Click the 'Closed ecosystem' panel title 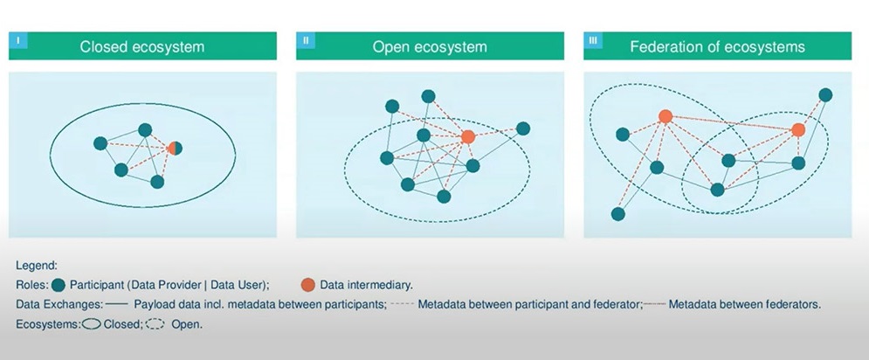tap(142, 46)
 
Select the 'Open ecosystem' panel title tap(430, 46)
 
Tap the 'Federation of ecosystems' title tap(717, 46)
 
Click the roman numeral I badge tap(19, 40)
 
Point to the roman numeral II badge tap(306, 40)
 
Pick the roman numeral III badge tap(594, 40)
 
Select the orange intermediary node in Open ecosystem tap(468, 136)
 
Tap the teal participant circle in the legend tap(59, 285)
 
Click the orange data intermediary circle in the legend tap(307, 285)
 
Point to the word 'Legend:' tap(37, 265)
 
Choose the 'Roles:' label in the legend tap(32, 285)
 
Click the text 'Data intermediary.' tap(366, 285)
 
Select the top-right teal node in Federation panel tap(824, 94)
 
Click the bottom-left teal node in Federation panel tap(618, 214)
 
